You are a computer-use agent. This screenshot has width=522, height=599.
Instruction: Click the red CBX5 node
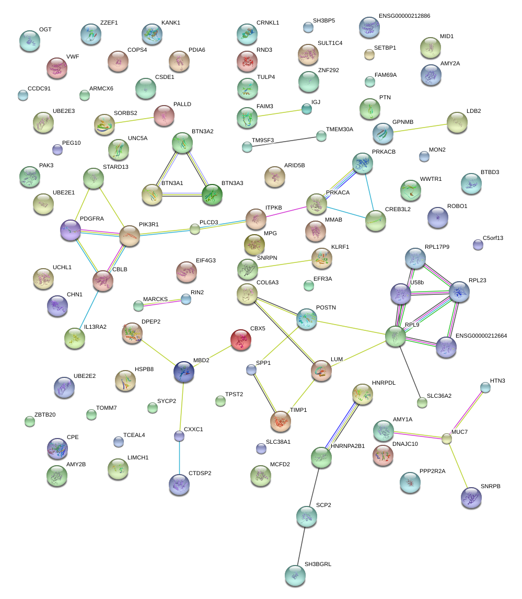click(240, 340)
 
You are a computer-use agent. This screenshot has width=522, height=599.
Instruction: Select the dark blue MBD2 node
click(183, 371)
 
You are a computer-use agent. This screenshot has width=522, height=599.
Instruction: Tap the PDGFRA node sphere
click(71, 230)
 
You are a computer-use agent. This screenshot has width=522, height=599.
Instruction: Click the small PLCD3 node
click(195, 228)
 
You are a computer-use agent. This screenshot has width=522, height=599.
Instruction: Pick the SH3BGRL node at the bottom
click(295, 575)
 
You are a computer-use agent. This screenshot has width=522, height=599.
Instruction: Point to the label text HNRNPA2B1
click(348, 446)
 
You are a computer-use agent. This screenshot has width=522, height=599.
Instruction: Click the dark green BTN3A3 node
click(212, 194)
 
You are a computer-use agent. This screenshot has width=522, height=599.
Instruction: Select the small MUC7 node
click(446, 439)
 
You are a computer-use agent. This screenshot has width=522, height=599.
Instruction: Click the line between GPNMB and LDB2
click(421, 128)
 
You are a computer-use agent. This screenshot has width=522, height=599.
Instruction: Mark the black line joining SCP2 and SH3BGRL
click(301, 546)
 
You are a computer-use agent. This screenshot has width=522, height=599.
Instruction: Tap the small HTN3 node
click(485, 387)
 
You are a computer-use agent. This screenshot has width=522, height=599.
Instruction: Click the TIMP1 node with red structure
click(281, 421)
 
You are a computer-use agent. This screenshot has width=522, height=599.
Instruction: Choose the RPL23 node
click(460, 292)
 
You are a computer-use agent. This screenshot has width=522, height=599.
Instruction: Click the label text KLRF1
click(340, 247)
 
